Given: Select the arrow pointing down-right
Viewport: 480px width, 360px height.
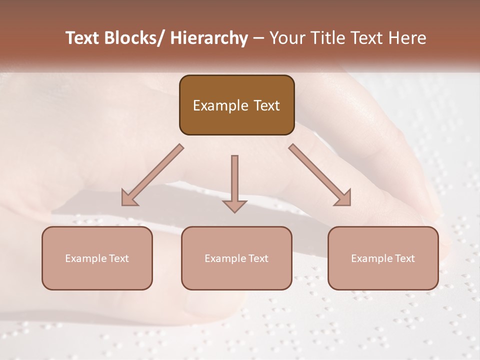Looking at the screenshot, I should pos(320,175).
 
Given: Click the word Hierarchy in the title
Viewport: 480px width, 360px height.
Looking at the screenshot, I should pos(209,38).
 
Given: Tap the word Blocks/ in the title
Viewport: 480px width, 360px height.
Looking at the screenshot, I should pos(132,38).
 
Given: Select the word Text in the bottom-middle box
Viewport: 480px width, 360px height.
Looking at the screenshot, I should pos(258,258).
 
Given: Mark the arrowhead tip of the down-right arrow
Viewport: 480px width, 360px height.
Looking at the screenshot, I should pos(350,205).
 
